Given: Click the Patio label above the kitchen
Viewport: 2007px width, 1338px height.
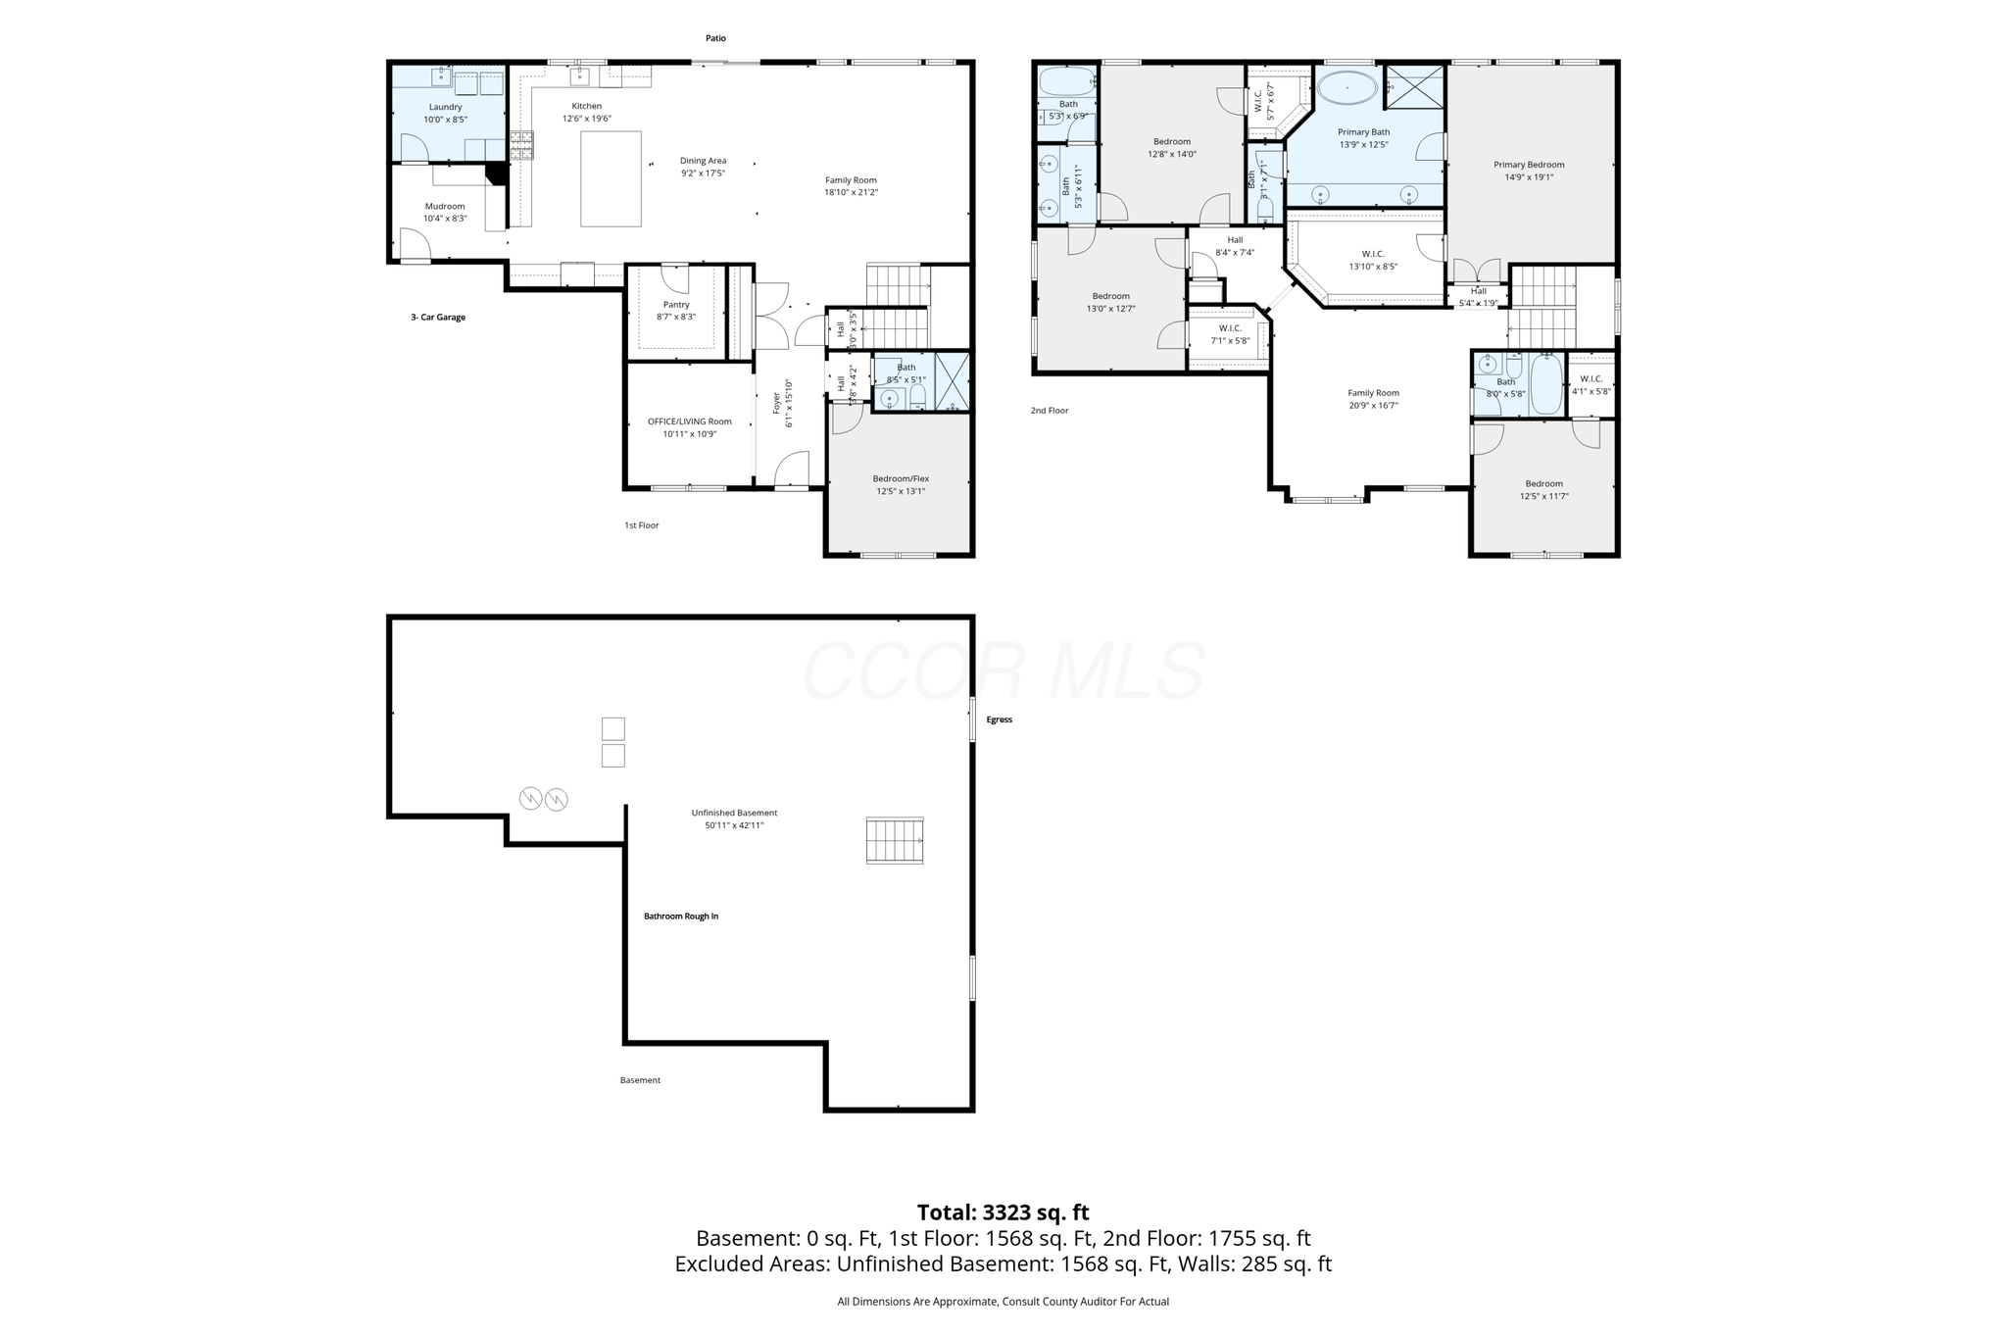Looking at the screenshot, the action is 715,38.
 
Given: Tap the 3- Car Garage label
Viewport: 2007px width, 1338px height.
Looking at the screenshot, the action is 438,318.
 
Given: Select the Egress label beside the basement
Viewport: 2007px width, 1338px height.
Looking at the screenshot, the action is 999,719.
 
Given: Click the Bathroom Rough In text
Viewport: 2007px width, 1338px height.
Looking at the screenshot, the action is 681,917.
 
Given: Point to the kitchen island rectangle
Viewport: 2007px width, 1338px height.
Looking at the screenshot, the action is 611,179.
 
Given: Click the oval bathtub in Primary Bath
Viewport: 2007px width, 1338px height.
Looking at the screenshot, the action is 1346,87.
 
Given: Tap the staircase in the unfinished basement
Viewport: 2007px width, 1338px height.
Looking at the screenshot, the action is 895,840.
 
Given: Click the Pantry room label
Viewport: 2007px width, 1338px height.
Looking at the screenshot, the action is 676,305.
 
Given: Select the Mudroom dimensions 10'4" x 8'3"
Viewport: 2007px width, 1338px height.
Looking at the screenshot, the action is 445,219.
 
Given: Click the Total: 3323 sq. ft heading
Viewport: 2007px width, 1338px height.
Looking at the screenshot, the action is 1003,1213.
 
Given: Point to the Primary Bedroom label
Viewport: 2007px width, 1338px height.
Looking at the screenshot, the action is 1529,165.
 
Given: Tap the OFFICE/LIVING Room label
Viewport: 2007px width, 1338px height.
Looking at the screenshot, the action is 689,421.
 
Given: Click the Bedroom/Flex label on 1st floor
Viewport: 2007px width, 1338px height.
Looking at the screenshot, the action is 901,478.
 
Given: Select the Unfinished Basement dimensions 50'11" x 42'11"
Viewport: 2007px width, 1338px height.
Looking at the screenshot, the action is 734,825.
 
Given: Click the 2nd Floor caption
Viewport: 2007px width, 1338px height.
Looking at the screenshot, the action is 1050,411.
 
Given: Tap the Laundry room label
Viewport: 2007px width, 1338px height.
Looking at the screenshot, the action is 445,107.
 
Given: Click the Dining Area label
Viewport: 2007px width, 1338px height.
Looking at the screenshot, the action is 704,161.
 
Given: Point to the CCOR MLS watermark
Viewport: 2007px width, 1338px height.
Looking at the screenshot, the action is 1003,672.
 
